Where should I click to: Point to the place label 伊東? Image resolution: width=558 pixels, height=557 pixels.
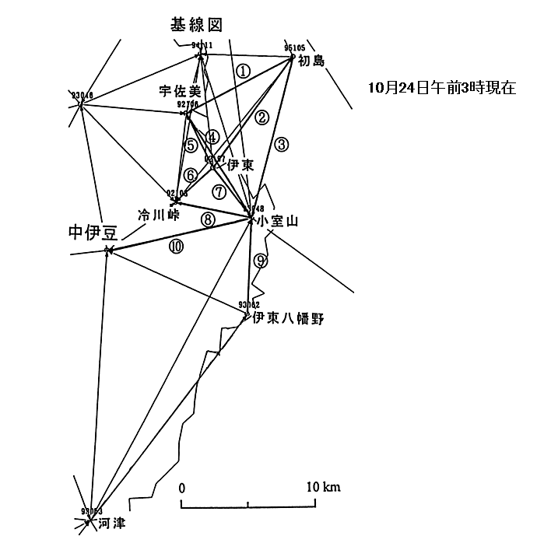pyautogui.click(x=240, y=165)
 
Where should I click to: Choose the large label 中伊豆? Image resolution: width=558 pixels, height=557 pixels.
pyautogui.click(x=93, y=231)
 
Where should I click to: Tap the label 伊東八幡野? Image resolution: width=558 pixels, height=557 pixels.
pyautogui.click(x=287, y=318)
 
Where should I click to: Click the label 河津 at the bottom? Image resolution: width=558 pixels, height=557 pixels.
pyautogui.click(x=111, y=523)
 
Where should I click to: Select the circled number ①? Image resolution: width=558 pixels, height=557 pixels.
pyautogui.click(x=244, y=70)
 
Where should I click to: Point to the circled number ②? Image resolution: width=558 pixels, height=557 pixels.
pyautogui.click(x=262, y=117)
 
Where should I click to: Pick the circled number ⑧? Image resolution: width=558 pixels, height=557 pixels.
pyautogui.click(x=207, y=219)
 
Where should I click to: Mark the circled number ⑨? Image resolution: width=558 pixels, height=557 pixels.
pyautogui.click(x=261, y=261)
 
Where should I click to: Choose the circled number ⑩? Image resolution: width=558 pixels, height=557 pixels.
pyautogui.click(x=176, y=246)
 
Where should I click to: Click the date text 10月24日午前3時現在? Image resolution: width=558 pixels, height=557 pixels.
pyautogui.click(x=442, y=87)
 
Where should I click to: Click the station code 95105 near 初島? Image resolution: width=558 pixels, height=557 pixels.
pyautogui.click(x=294, y=47)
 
